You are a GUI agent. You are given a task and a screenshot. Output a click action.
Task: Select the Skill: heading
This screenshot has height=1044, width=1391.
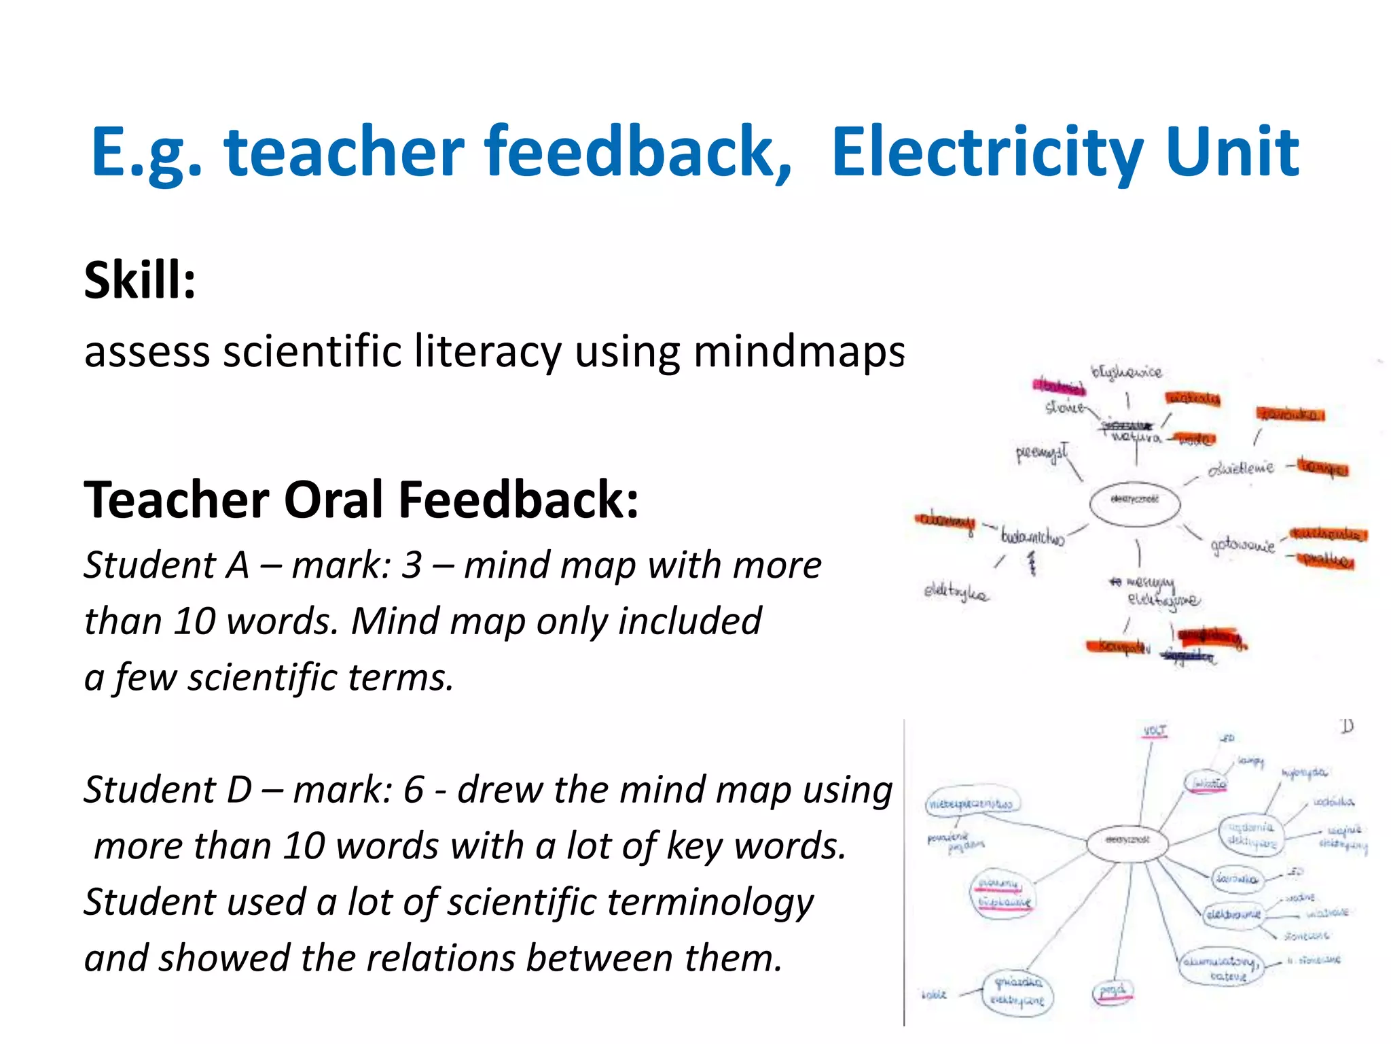(x=140, y=280)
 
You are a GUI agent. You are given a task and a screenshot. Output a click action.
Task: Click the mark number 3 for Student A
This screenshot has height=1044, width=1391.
(x=412, y=565)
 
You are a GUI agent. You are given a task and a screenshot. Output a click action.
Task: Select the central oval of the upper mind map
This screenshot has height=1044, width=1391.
(x=1134, y=503)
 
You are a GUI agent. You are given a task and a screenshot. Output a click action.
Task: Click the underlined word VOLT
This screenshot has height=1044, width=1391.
(x=1155, y=731)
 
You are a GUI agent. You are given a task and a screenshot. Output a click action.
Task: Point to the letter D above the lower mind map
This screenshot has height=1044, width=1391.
(x=1348, y=727)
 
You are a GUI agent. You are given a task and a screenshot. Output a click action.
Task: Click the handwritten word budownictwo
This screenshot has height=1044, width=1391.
(x=1032, y=537)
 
